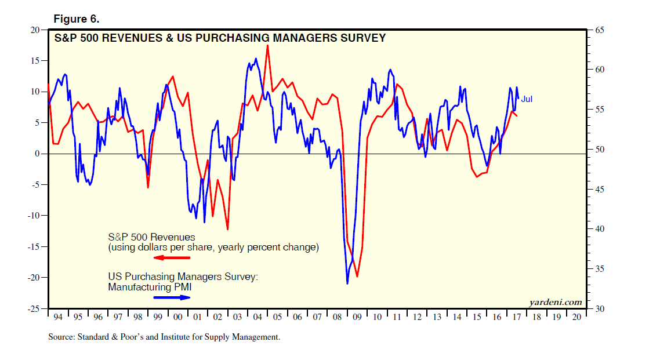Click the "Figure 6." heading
76,19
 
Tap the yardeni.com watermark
555,302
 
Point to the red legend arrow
172,257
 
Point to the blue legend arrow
172,297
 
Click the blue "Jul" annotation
527,99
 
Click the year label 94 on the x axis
59,318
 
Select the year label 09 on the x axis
357,318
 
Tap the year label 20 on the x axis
576,318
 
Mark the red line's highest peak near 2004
267,45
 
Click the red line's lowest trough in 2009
357,277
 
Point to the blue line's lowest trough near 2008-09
347,283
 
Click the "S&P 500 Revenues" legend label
151,237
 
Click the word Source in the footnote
61,337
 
